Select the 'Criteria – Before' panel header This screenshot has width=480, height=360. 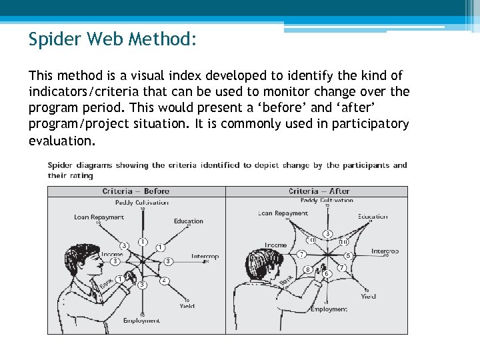click(x=136, y=191)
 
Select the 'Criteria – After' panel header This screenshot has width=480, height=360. click(x=317, y=191)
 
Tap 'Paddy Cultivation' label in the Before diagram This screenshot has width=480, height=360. click(x=141, y=203)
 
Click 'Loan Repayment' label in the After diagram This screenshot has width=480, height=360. click(x=283, y=213)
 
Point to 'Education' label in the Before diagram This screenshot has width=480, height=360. click(x=189, y=221)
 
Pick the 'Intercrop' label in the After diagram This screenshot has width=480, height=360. click(x=385, y=251)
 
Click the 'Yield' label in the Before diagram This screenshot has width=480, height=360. click(x=187, y=306)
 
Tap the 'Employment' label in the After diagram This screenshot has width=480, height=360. click(x=329, y=309)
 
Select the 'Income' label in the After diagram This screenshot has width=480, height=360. click(x=276, y=245)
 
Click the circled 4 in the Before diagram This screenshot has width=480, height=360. click(x=164, y=281)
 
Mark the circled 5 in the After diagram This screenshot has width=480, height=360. click(x=348, y=255)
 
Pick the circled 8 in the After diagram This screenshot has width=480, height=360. click(x=308, y=269)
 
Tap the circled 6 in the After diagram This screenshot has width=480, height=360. click(x=327, y=273)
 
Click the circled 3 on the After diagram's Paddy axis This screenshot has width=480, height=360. click(x=328, y=234)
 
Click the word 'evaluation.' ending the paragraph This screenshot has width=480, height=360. click(x=62, y=141)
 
